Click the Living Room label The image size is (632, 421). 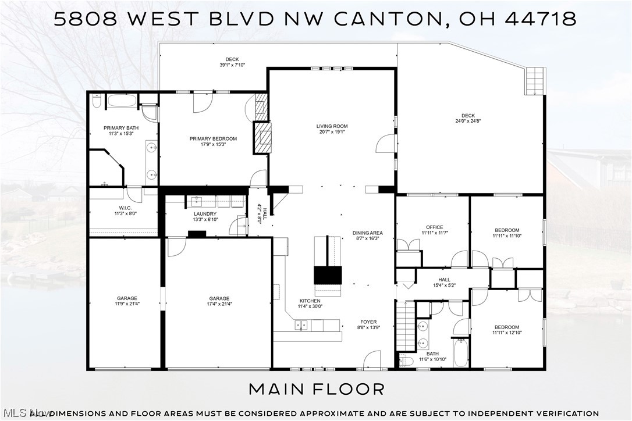click(332, 126)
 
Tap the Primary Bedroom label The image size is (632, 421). click(213, 138)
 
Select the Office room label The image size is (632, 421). click(434, 227)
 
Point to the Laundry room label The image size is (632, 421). click(205, 214)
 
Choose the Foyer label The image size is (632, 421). click(368, 322)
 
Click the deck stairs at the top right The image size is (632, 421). click(534, 81)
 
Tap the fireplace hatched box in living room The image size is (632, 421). click(265, 137)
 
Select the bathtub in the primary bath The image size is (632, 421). click(122, 101)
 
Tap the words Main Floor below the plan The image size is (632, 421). click(317, 388)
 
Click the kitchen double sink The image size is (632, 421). click(301, 325)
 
